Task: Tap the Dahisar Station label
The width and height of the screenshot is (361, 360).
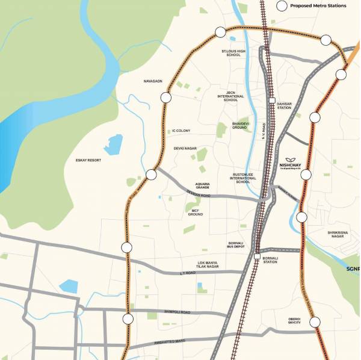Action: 284,106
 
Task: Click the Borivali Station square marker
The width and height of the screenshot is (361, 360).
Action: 257,257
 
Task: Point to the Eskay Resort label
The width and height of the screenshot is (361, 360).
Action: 88,160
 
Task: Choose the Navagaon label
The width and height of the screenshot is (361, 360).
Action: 153,81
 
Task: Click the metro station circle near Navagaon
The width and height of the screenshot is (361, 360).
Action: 166,97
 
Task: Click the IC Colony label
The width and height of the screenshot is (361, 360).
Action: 181,131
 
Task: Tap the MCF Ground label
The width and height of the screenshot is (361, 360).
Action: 196,212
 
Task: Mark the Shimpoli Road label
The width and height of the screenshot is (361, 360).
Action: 177,312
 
